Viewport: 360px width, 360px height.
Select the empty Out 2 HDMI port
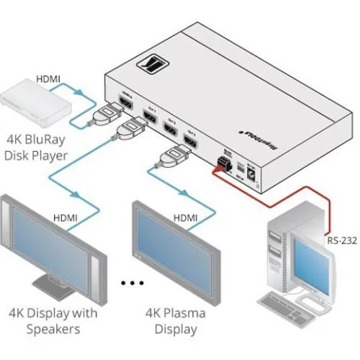[167, 130]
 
